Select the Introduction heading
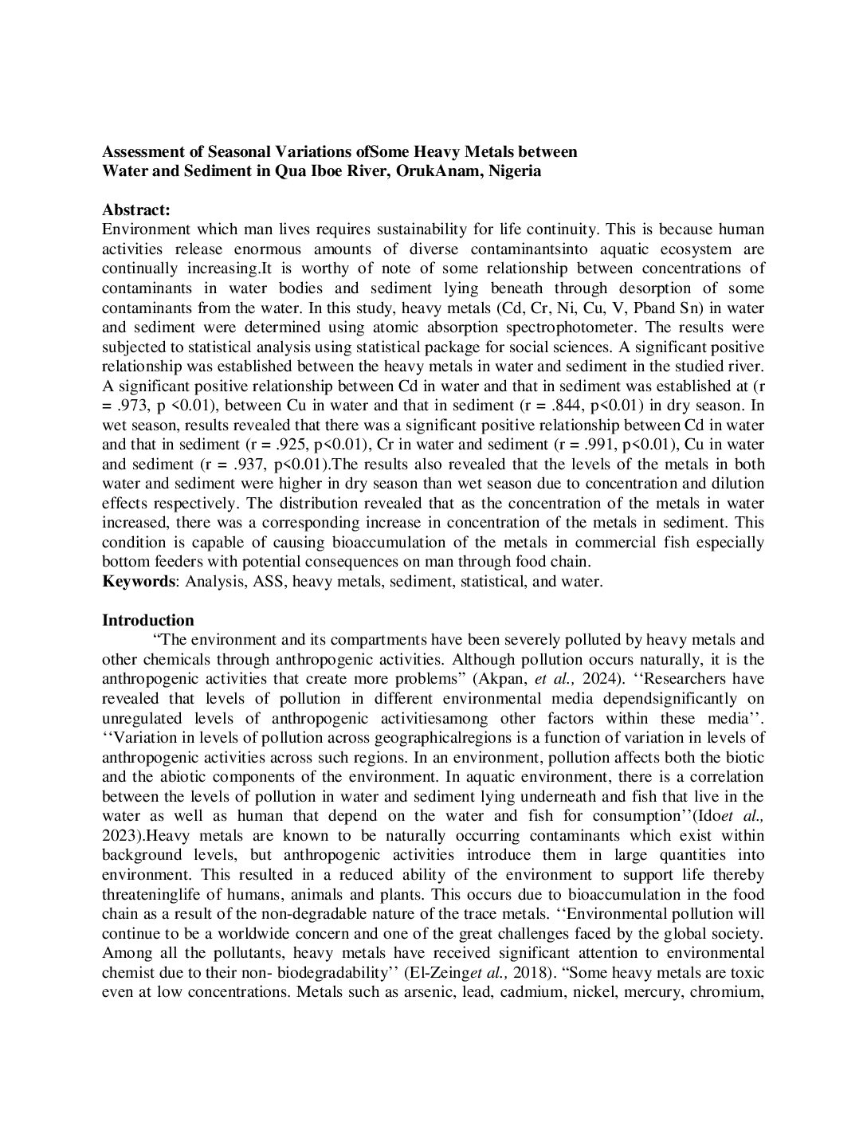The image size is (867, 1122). click(148, 620)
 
